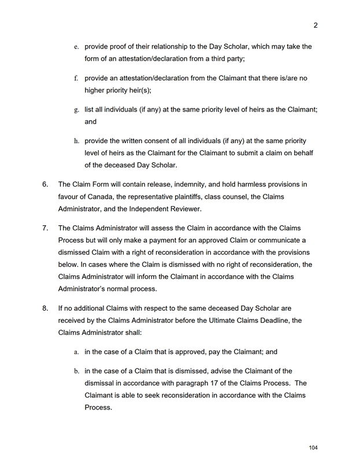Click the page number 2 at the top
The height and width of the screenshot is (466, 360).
point(316,25)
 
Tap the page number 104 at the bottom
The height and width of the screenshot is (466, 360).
point(313,448)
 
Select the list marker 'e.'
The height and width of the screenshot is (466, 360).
point(76,47)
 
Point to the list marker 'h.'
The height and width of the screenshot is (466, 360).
point(76,141)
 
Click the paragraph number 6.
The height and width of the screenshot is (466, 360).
point(45,184)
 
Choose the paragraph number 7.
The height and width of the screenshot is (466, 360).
point(45,228)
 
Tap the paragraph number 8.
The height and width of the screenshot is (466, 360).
point(45,308)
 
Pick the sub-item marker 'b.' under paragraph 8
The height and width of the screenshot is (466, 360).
point(76,371)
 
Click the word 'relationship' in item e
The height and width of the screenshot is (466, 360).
point(166,46)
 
